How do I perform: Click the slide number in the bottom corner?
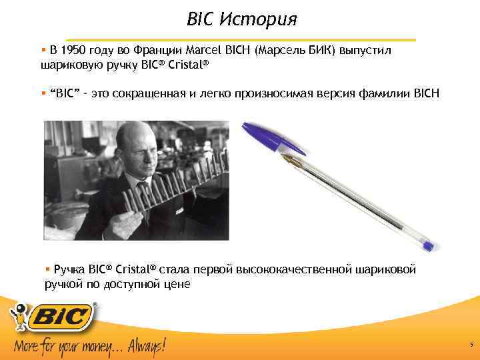(471, 345)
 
